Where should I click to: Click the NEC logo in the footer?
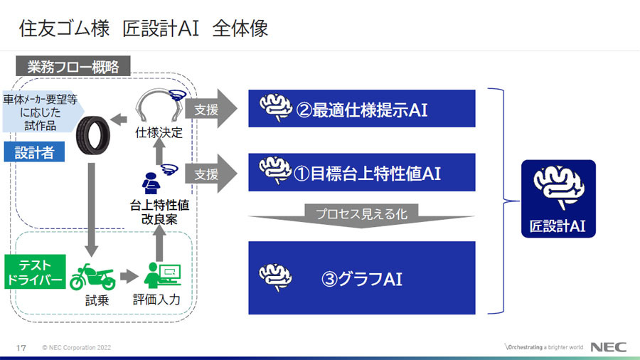pyautogui.click(x=608, y=347)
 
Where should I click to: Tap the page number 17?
pyautogui.click(x=21, y=348)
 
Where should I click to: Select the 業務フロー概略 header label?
pyautogui.click(x=73, y=66)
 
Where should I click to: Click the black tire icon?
pyautogui.click(x=93, y=135)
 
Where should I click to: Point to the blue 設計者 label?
pyautogui.click(x=34, y=152)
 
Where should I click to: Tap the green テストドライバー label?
pyautogui.click(x=35, y=272)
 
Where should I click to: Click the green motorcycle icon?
pyautogui.click(x=92, y=277)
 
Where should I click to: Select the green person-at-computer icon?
pyautogui.click(x=162, y=275)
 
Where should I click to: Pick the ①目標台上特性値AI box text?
pyautogui.click(x=368, y=174)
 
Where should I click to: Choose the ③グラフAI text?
pyautogui.click(x=362, y=279)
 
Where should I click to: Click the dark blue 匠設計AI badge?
pyautogui.click(x=558, y=198)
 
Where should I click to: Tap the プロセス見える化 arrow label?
pyautogui.click(x=362, y=213)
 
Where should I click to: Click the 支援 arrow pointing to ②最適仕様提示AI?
pyautogui.click(x=211, y=109)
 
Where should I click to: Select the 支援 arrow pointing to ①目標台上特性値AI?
pyautogui.click(x=211, y=174)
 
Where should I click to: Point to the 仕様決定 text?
pyautogui.click(x=159, y=132)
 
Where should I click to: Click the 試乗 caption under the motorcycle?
pyautogui.click(x=97, y=301)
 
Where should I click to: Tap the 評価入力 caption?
pyautogui.click(x=156, y=300)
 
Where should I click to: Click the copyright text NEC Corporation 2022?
pyautogui.click(x=77, y=348)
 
